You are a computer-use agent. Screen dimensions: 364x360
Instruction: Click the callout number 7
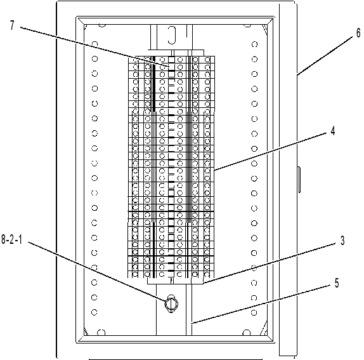tap(12, 25)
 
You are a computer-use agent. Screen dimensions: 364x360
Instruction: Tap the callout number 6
tap(359, 33)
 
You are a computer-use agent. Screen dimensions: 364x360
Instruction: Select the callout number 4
tap(333, 131)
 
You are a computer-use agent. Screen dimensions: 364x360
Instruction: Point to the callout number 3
tap(342, 240)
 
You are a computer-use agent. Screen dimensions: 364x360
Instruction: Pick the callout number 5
tap(337, 283)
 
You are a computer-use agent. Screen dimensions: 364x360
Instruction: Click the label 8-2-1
tap(11, 239)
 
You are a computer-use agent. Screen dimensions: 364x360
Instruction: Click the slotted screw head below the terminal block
tap(171, 303)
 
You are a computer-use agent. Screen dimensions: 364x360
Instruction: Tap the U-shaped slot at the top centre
tap(172, 35)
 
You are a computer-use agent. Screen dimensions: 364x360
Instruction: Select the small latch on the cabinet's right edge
tap(299, 180)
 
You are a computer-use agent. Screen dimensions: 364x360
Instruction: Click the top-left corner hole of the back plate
tap(102, 25)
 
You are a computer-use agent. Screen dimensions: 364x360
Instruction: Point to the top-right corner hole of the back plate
tap(247, 25)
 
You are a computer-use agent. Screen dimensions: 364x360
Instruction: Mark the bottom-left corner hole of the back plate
tap(101, 333)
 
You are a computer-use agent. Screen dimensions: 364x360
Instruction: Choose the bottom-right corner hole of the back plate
tap(247, 333)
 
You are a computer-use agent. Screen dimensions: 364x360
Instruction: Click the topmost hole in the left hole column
tap(94, 44)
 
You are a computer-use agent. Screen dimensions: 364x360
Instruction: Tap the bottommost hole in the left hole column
tap(94, 312)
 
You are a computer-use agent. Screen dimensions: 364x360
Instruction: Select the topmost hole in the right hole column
tap(255, 44)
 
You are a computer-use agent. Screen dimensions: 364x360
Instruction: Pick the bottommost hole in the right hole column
tap(254, 312)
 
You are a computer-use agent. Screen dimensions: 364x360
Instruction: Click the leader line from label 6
tap(325, 57)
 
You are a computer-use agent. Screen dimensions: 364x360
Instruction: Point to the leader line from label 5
tap(261, 304)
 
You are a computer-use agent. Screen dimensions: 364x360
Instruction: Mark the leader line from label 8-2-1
tap(97, 271)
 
